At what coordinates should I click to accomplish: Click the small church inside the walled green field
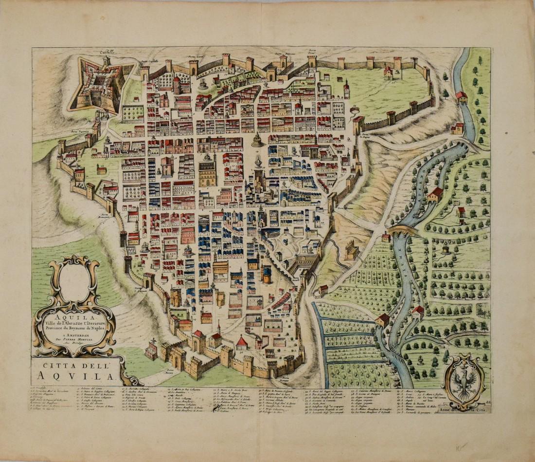(388, 73)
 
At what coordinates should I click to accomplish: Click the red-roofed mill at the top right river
(461, 97)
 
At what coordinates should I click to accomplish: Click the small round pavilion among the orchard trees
(446, 249)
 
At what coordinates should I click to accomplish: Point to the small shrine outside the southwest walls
(151, 351)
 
